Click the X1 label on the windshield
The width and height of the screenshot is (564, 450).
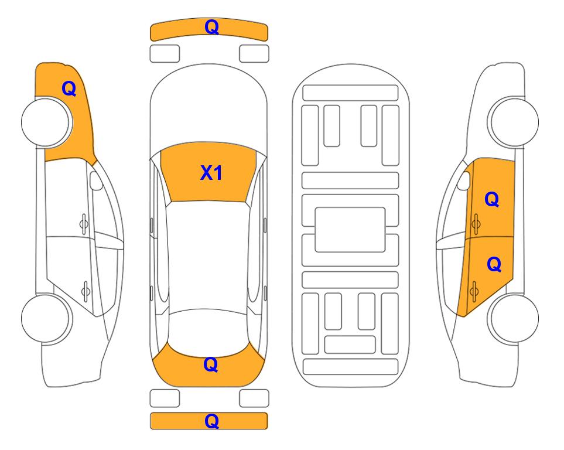tap(211, 173)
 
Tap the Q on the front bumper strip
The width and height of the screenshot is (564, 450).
tap(212, 27)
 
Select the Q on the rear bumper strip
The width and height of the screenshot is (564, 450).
tap(212, 421)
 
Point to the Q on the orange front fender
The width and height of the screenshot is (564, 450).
tap(69, 88)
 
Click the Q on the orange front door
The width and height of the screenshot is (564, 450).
tap(492, 199)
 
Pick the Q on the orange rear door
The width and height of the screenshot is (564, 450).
tap(494, 265)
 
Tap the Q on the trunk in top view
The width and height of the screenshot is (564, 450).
tap(211, 364)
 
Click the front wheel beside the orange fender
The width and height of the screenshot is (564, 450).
tap(47, 122)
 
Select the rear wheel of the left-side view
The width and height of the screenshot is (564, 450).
tap(47, 318)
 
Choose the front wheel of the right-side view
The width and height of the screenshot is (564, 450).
tap(513, 122)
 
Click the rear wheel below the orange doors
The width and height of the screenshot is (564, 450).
tap(513, 318)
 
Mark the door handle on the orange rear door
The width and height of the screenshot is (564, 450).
tap(474, 291)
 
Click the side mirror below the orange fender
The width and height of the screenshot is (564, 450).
tap(95, 180)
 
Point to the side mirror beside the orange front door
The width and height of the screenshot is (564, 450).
tap(464, 180)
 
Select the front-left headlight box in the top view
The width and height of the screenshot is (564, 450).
tap(165, 54)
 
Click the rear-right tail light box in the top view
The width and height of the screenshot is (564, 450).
tap(254, 398)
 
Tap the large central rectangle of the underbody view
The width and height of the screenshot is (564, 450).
tap(350, 230)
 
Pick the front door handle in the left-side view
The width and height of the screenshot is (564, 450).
tap(84, 224)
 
